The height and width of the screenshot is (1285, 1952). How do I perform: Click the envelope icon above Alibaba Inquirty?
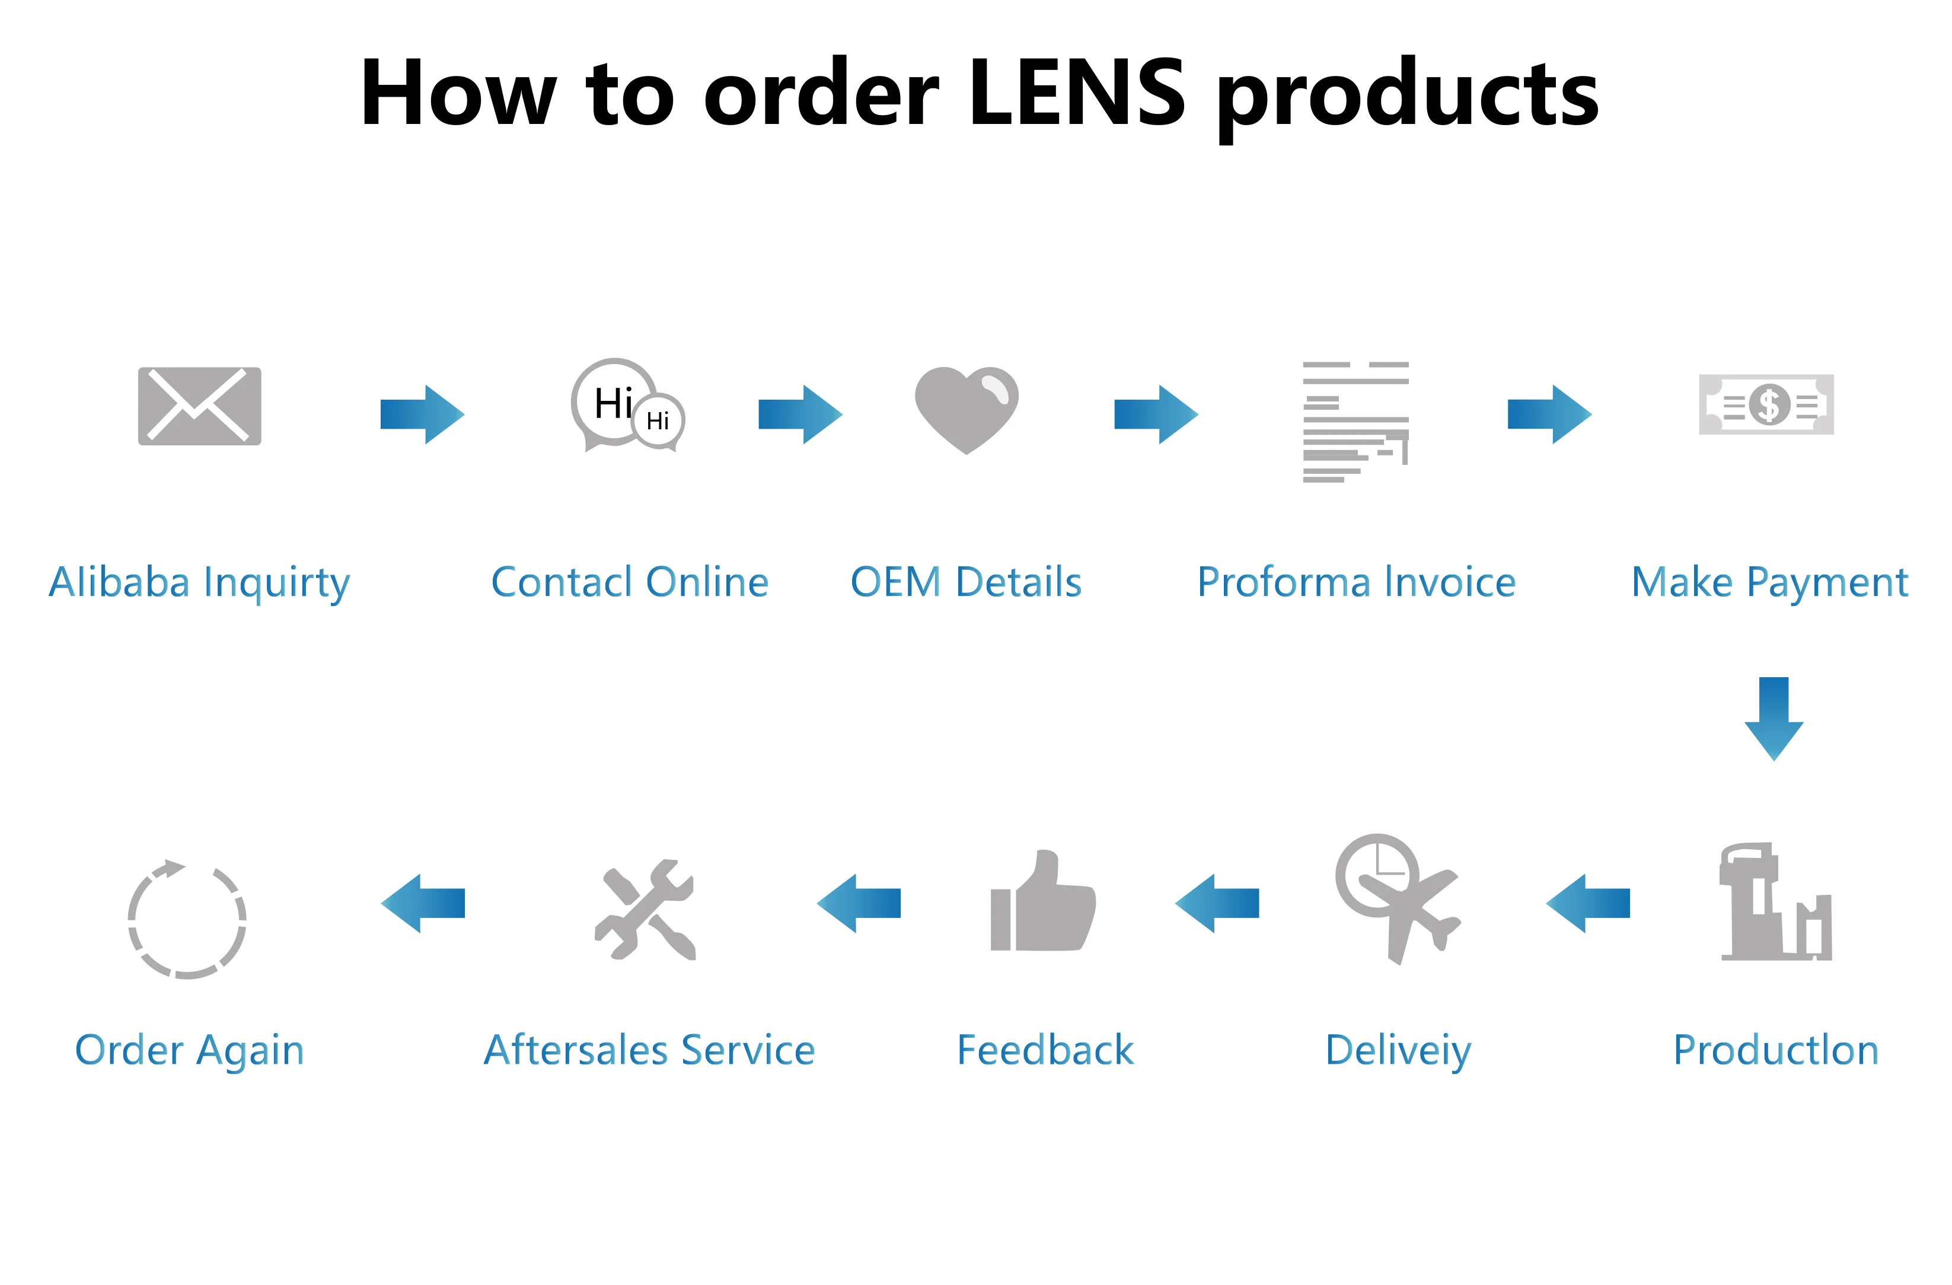tap(199, 406)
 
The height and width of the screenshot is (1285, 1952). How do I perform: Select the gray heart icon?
tap(966, 409)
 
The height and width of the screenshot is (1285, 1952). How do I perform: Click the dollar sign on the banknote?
tap(1768, 404)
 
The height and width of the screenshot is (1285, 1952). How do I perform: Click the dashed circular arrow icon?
tap(187, 920)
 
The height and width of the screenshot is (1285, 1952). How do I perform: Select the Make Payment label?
tap(1769, 582)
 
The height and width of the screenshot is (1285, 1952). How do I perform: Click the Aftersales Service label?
tap(649, 1050)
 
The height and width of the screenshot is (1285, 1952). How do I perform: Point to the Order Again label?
tap(190, 1050)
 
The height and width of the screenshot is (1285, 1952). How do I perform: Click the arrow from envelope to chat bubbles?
tap(422, 414)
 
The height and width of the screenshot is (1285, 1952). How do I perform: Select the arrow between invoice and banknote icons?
tap(1549, 414)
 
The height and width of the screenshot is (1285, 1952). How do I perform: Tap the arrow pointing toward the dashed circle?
tap(422, 903)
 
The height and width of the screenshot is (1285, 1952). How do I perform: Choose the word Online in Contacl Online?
tap(707, 582)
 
